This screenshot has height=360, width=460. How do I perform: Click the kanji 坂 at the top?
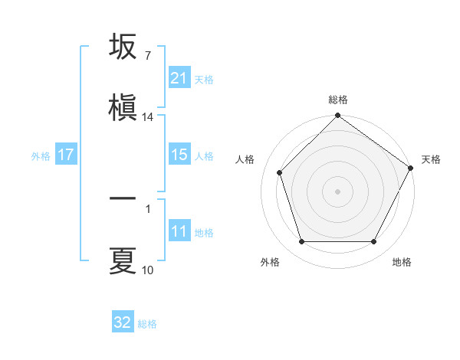[x=123, y=47]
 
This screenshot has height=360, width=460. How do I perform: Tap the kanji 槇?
[x=123, y=108]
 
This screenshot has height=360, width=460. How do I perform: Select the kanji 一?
[x=123, y=198]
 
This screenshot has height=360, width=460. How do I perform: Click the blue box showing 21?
[x=179, y=78]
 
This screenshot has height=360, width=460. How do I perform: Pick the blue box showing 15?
[x=179, y=155]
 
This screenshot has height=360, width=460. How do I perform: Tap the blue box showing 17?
[x=65, y=155]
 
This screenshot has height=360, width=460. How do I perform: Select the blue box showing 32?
[x=123, y=322]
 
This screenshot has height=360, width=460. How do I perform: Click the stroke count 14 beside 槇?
[x=148, y=117]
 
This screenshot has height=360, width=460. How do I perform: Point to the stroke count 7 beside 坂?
[x=147, y=56]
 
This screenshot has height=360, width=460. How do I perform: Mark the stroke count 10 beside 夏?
[x=148, y=270]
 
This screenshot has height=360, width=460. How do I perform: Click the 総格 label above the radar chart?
[x=338, y=100]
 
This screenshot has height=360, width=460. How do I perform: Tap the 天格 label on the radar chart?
[x=431, y=159]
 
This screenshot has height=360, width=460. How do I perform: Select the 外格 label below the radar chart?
[x=270, y=262]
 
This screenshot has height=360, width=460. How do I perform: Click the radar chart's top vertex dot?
[x=337, y=116]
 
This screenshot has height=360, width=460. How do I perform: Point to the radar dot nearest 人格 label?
[x=280, y=172]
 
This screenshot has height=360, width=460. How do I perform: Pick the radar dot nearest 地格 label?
[x=373, y=242]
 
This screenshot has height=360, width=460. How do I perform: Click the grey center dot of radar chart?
[x=337, y=191]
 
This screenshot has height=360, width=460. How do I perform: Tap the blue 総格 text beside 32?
[x=148, y=324]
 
